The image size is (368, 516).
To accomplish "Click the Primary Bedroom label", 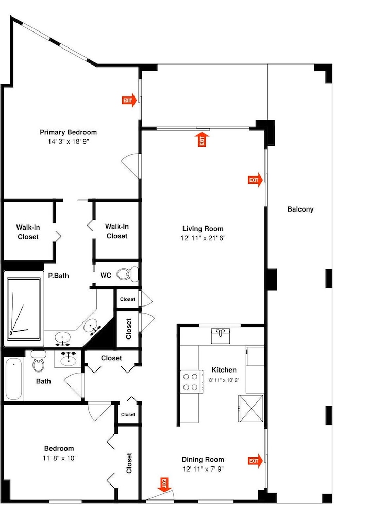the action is (x=69, y=132).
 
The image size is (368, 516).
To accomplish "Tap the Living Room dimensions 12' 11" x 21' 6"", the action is (x=203, y=238).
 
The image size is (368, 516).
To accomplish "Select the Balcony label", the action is (x=300, y=209).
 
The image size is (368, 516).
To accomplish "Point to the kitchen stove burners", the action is (x=191, y=382).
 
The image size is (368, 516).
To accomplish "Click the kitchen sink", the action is (x=221, y=336).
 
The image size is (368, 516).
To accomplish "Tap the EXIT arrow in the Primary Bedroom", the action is (x=129, y=101).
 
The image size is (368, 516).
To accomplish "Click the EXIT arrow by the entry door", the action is (x=164, y=485).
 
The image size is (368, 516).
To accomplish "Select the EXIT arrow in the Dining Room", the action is (x=255, y=461).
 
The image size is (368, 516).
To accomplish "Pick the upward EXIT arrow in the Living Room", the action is (x=202, y=139).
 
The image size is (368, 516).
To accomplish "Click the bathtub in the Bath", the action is (x=14, y=379).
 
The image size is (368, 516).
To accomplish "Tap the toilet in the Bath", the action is (x=39, y=361).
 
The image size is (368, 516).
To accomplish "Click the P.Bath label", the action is (x=58, y=276).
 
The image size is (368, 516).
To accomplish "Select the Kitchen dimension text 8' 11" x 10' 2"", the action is (x=224, y=380).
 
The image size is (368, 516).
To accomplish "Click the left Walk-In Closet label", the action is (x=28, y=232).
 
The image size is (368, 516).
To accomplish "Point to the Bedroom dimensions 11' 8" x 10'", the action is (x=59, y=458).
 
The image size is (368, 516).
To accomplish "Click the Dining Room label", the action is (x=203, y=460).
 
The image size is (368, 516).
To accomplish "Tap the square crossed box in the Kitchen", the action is (x=250, y=408).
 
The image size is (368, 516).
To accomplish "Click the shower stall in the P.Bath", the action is (x=24, y=309).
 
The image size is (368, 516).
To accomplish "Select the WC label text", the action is (x=106, y=276).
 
